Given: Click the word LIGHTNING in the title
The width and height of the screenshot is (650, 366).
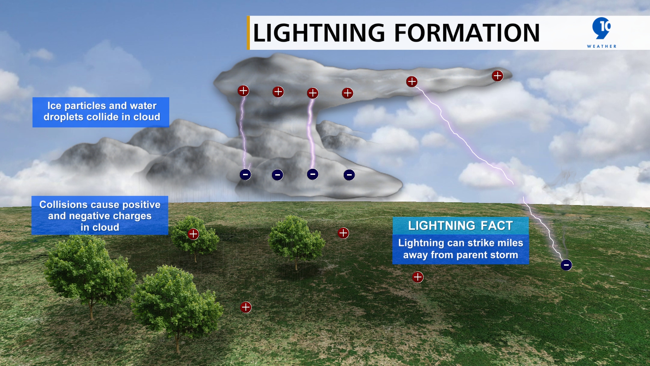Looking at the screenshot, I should (319, 33).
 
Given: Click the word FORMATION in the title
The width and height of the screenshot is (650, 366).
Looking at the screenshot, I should (467, 33).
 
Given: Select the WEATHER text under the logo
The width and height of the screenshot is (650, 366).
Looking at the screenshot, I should (602, 46).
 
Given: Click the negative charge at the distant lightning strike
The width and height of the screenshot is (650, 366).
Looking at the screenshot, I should (566, 265).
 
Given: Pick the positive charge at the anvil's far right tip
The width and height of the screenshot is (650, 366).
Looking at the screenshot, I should (497, 76).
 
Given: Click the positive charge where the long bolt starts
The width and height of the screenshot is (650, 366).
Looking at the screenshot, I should (412, 82).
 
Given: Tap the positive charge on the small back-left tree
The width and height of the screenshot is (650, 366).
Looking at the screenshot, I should (193, 234).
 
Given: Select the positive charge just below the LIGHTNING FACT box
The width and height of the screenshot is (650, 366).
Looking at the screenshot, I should (418, 277).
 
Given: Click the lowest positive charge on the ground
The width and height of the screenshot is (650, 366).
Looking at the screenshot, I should (246, 307).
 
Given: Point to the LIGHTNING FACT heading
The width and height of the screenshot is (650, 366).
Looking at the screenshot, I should (460, 226).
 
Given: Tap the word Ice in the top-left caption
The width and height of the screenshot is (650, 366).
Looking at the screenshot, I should (54, 106).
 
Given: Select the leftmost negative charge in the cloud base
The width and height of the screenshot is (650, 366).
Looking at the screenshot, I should (245, 175).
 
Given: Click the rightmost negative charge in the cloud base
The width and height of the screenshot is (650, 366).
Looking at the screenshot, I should (349, 175).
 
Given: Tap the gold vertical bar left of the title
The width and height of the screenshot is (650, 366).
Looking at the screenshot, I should (248, 33).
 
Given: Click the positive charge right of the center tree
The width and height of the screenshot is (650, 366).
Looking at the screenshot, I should (343, 233).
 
